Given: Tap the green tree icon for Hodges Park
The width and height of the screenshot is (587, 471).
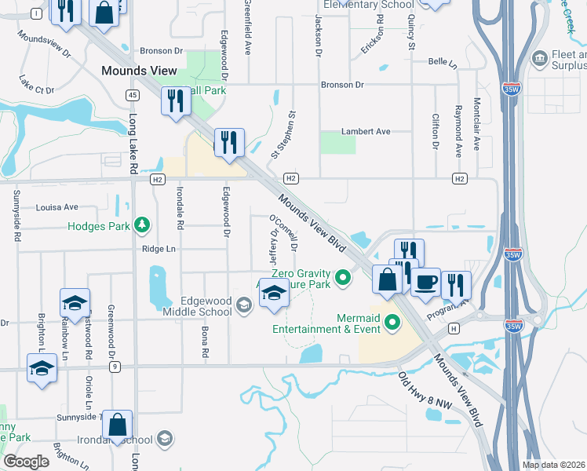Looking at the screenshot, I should (x=141, y=226).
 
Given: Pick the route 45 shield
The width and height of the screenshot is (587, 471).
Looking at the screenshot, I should (x=132, y=95).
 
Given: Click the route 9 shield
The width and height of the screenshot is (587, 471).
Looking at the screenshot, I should (x=115, y=367).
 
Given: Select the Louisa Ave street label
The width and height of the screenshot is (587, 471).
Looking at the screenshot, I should (x=57, y=207).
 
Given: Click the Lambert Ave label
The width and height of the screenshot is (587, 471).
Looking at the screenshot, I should (x=365, y=131).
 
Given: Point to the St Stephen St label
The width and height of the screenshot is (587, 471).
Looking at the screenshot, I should (x=283, y=133).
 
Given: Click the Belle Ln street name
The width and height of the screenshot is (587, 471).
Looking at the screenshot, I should (x=443, y=61).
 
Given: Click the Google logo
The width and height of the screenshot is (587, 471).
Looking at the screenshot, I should (x=26, y=462).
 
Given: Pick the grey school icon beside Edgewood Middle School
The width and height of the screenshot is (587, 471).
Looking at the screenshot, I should (x=243, y=305).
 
